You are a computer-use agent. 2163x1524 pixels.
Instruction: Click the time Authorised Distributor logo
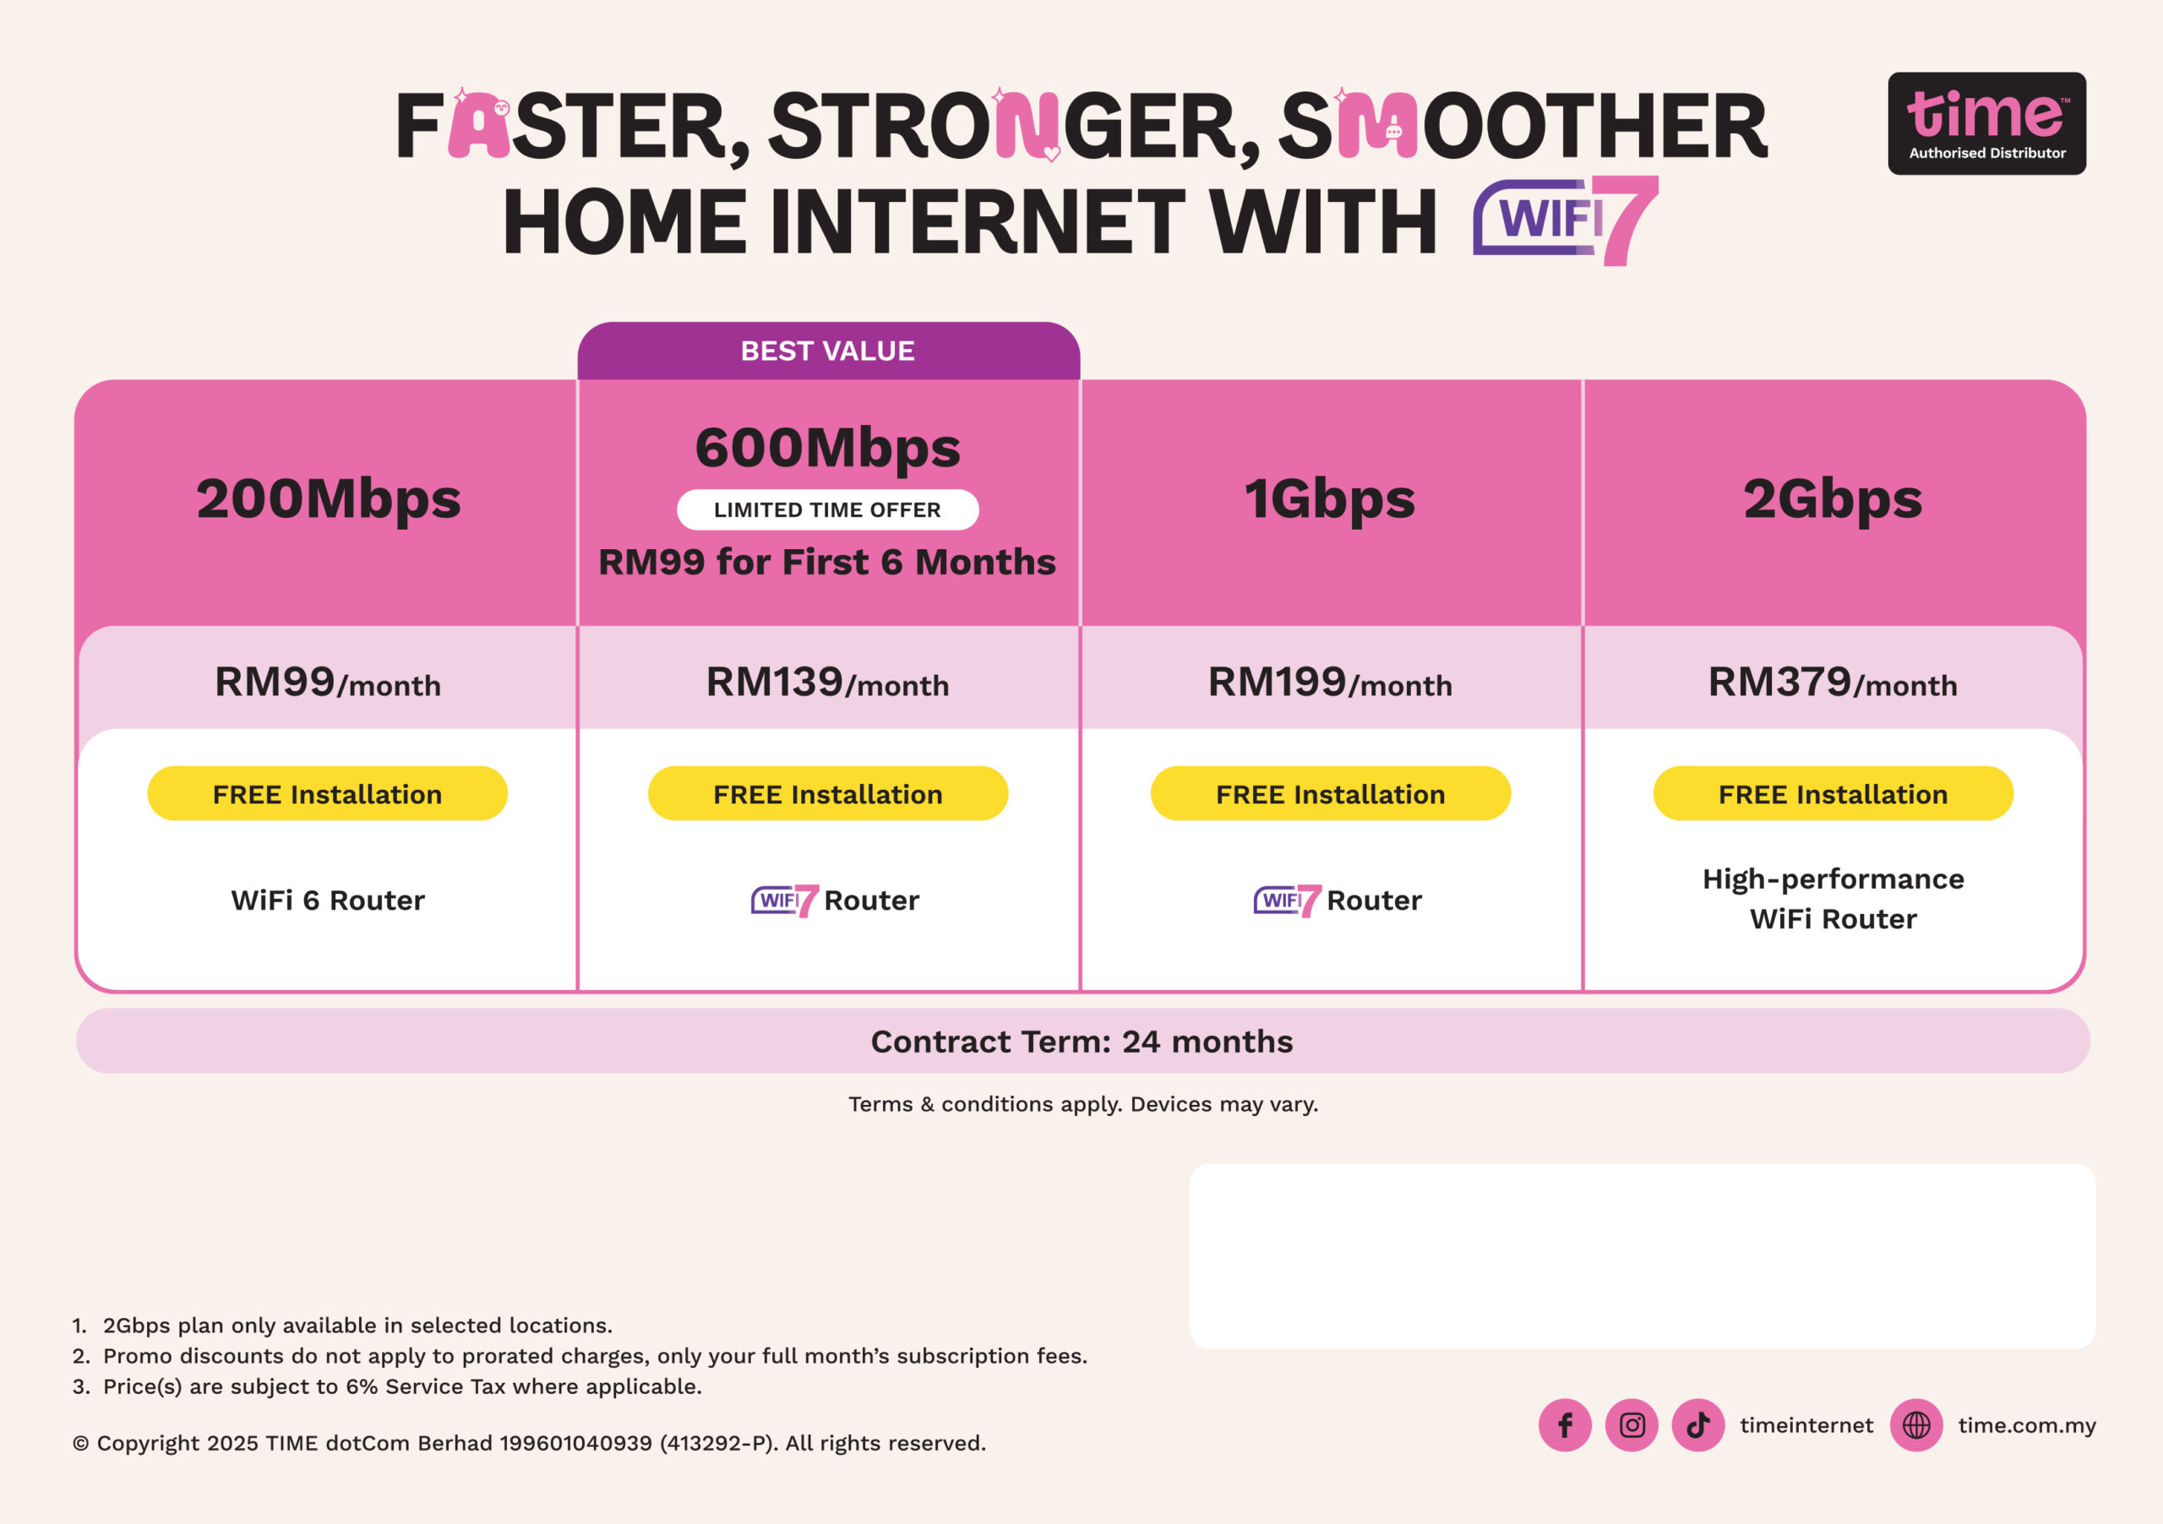1986,123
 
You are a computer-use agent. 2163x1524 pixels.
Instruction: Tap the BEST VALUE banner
828,351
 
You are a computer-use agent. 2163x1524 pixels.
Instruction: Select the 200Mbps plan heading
329,499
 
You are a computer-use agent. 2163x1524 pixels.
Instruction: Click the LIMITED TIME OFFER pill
827,509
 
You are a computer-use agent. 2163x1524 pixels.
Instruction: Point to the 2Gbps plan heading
1833,499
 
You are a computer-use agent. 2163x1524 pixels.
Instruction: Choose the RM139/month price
827,682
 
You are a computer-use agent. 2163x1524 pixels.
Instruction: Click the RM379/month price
1833,682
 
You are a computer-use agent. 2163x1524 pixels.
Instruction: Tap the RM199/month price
1330,682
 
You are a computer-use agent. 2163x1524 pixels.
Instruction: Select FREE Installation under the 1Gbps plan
1330,793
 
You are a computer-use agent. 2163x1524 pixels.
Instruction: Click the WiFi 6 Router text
328,901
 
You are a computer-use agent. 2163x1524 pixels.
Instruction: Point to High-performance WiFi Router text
1833,899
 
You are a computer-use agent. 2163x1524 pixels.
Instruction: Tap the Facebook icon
1565,1425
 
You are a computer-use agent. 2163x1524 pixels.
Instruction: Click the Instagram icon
1632,1425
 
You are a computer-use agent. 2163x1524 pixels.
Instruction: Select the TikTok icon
1697,1425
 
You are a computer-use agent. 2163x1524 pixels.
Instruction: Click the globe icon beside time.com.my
1916,1425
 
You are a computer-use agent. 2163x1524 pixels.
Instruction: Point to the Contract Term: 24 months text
1081,1042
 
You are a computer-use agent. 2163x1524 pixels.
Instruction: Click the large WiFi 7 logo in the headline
1565,220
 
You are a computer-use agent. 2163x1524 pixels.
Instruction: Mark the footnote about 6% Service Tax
387,1386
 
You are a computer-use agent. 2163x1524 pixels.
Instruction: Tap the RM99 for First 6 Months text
827,563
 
